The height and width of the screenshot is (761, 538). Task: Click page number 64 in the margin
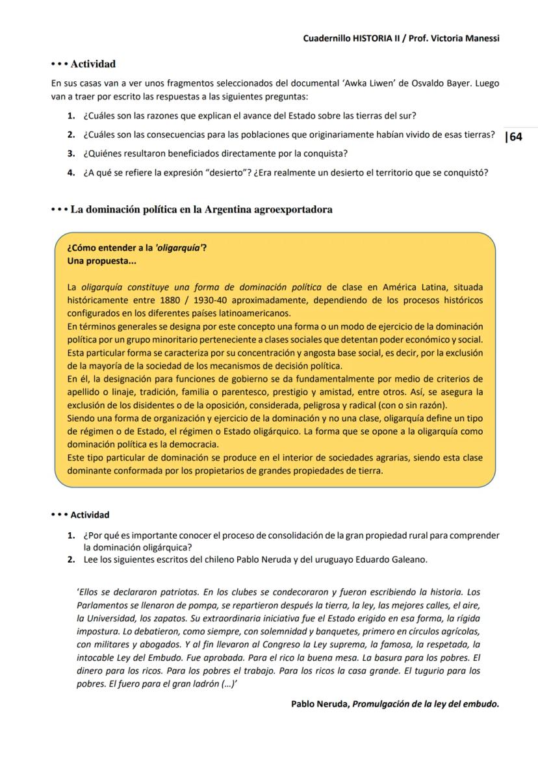coord(516,137)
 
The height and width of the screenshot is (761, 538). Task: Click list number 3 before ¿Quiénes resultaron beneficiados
coord(71,154)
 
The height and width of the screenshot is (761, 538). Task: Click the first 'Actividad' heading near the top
coord(93,64)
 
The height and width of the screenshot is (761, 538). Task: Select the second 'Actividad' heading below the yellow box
coord(90,515)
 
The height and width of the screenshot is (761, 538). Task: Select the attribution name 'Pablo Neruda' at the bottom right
coord(320,703)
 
